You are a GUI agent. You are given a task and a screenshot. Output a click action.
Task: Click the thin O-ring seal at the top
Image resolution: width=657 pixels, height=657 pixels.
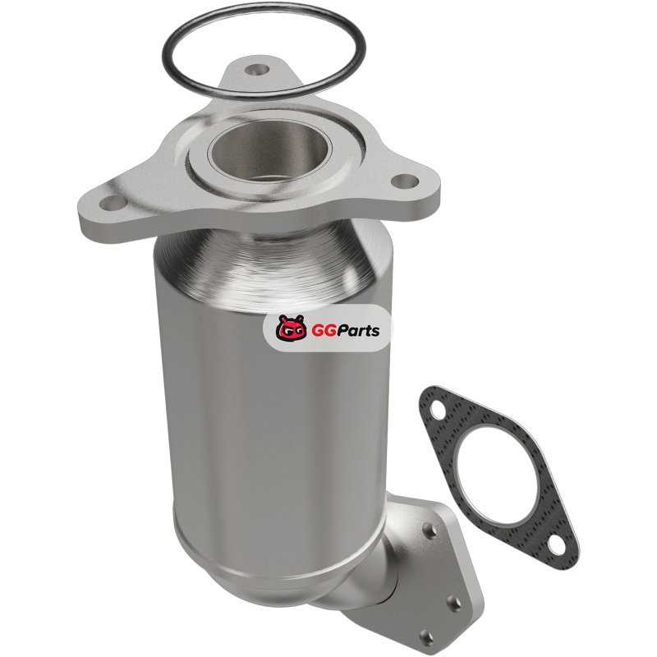(x=264, y=5)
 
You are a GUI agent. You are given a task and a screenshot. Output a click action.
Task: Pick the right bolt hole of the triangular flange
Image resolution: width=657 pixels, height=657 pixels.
(x=405, y=181)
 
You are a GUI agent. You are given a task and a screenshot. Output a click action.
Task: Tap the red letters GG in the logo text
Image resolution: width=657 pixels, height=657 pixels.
(x=321, y=331)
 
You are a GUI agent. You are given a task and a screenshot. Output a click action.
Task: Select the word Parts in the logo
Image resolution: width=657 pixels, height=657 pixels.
(x=356, y=332)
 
